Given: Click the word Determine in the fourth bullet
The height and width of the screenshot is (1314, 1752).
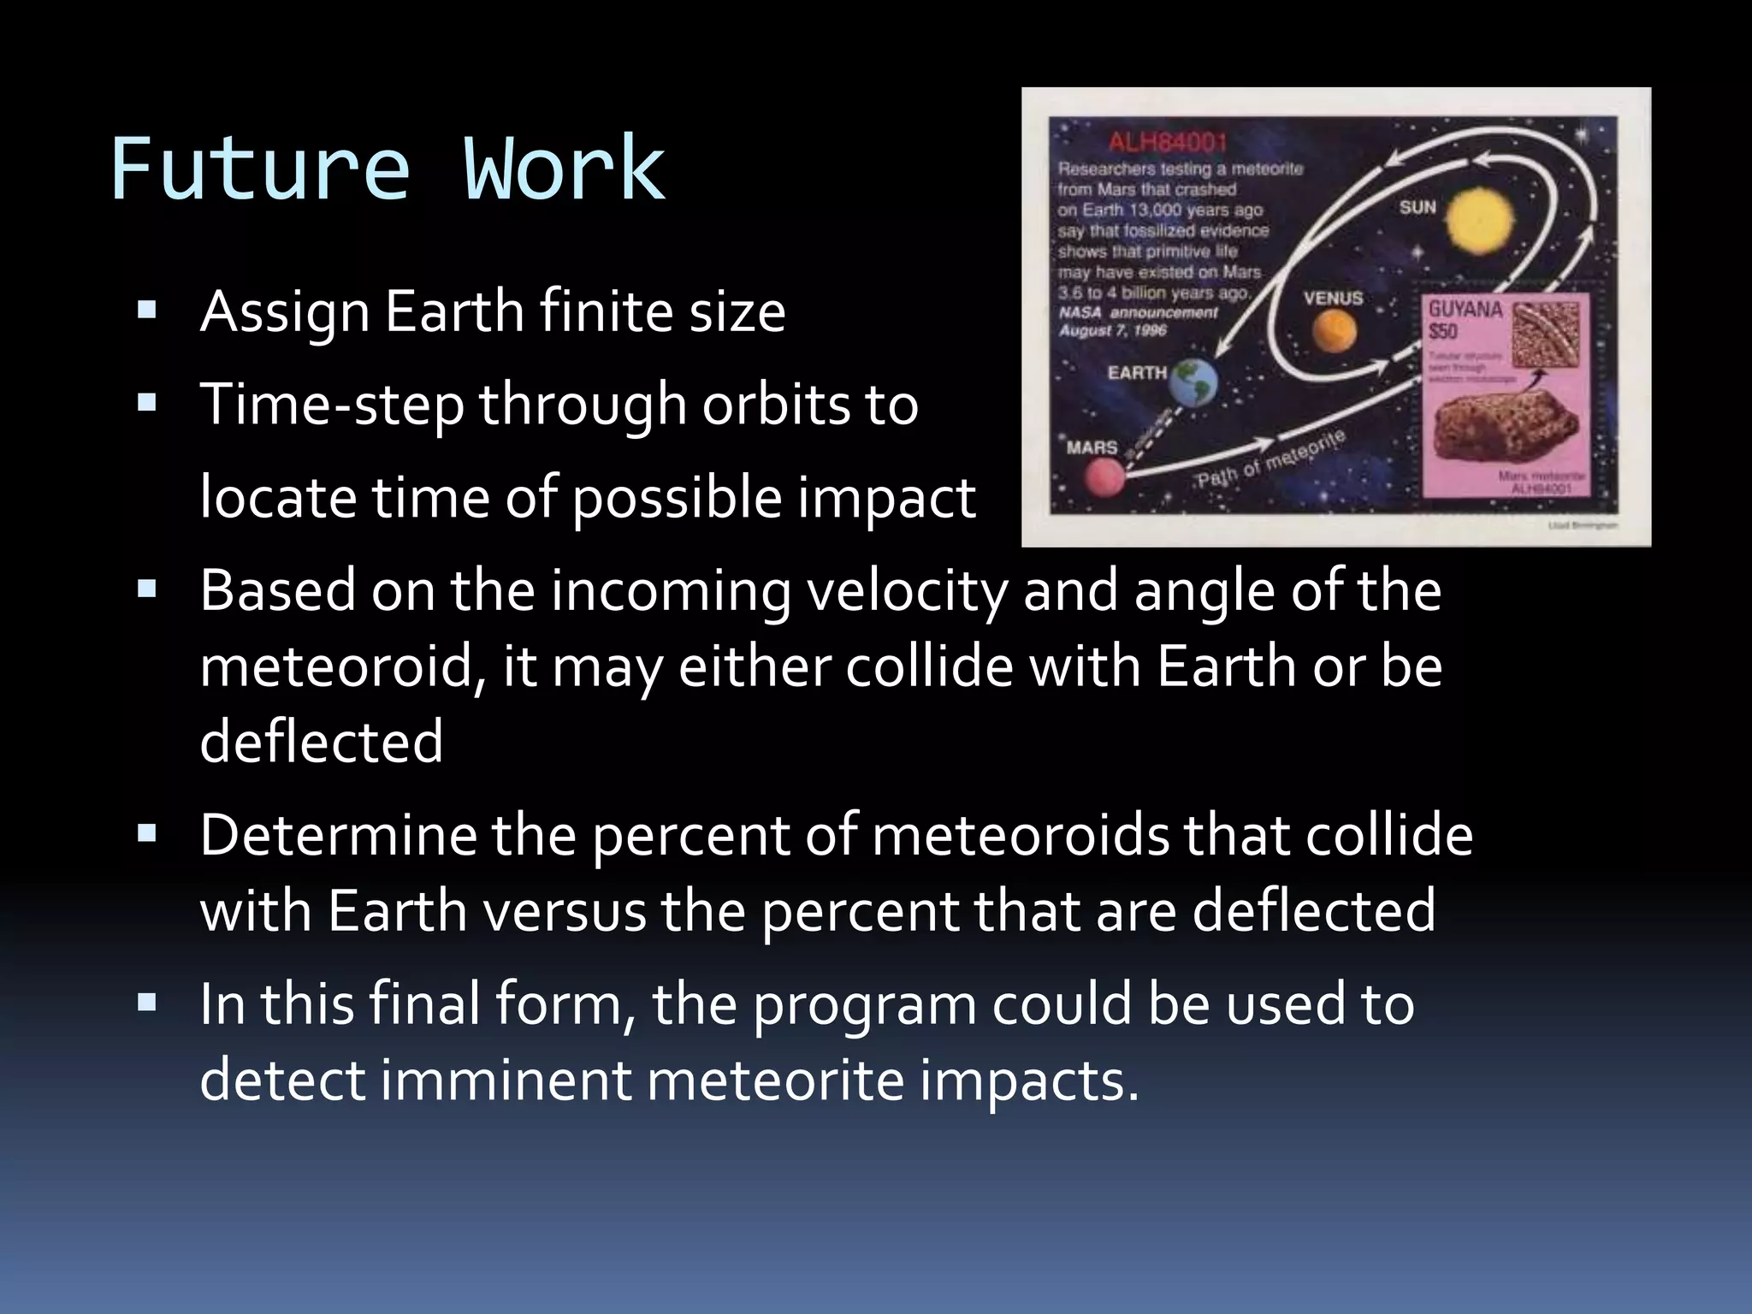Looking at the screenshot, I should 338,835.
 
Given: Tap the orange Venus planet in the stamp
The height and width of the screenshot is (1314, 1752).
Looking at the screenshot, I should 1335,330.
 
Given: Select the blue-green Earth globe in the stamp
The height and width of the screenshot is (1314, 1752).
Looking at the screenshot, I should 1193,381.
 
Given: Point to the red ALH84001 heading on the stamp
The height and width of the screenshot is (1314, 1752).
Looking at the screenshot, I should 1168,142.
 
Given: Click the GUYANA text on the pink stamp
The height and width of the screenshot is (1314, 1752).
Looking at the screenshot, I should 1465,309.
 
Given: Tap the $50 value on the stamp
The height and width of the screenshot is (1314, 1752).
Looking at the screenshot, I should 1443,332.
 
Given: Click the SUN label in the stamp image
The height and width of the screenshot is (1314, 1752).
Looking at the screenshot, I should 1418,207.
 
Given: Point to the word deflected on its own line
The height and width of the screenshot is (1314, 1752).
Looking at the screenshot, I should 321,741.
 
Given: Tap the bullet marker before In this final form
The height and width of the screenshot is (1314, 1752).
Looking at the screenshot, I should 146,1003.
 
